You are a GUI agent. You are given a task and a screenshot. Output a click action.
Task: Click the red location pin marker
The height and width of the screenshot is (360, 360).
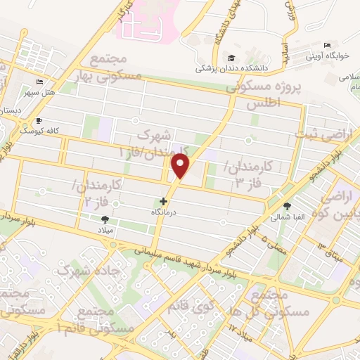click(x=181, y=167)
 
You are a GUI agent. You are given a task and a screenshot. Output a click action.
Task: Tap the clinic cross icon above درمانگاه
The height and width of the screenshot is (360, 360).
click(x=164, y=201)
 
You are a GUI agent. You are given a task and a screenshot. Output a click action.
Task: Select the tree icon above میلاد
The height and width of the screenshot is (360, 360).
click(x=105, y=219)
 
